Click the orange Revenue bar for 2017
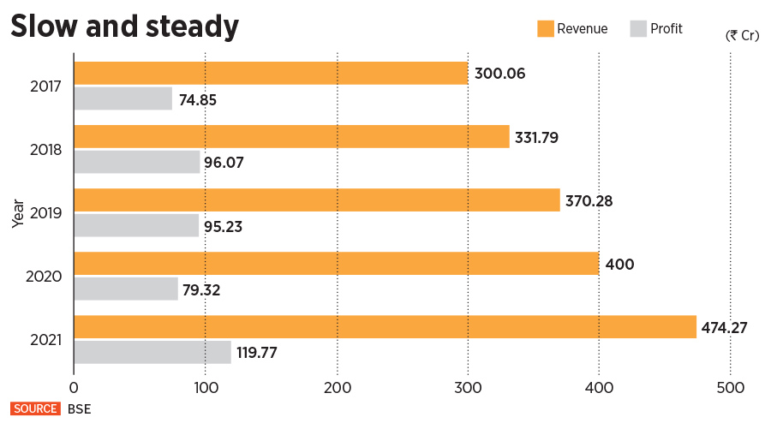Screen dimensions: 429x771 coord(271,73)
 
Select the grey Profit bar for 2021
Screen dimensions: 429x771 coord(152,352)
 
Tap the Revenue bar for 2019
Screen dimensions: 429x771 coord(317,200)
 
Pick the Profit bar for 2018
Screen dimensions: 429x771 coord(137,162)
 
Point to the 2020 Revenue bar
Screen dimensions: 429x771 coord(337,263)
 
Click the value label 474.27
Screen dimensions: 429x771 coord(730,327)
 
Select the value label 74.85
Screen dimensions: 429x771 coord(198,99)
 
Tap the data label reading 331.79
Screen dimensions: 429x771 coord(536,137)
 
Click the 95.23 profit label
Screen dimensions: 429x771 coord(225,226)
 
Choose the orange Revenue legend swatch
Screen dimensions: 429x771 coord(545,28)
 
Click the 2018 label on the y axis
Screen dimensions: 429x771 coord(45,150)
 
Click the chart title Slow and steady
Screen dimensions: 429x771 coord(124,27)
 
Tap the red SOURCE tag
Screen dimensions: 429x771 coord(35,409)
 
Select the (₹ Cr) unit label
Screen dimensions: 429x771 coord(743,35)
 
